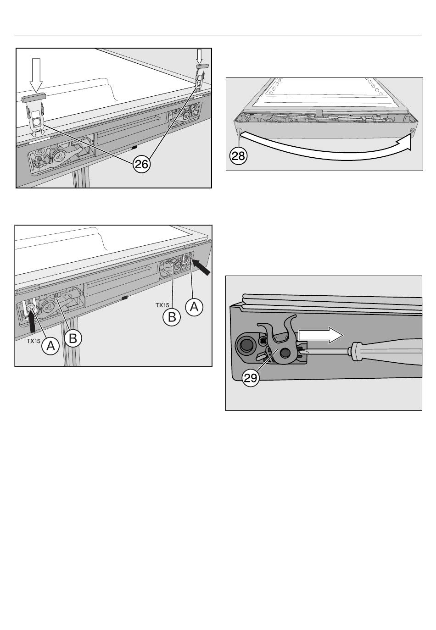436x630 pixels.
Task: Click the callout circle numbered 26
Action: click(x=141, y=164)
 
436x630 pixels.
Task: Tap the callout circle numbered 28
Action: click(x=238, y=155)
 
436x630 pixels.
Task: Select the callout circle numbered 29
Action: click(x=251, y=378)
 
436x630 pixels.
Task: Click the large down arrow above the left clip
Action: click(x=36, y=75)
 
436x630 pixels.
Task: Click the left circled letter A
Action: click(x=50, y=346)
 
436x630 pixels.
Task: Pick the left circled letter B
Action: click(x=73, y=338)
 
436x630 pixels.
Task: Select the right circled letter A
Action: click(x=194, y=307)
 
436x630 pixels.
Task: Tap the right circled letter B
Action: click(x=172, y=317)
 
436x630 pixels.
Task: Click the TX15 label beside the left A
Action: click(x=34, y=341)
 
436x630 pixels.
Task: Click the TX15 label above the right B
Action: click(x=162, y=305)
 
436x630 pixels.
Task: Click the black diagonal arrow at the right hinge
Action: click(x=201, y=267)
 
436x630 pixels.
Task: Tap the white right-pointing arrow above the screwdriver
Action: click(x=321, y=335)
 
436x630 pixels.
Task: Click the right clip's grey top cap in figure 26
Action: click(x=202, y=66)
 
